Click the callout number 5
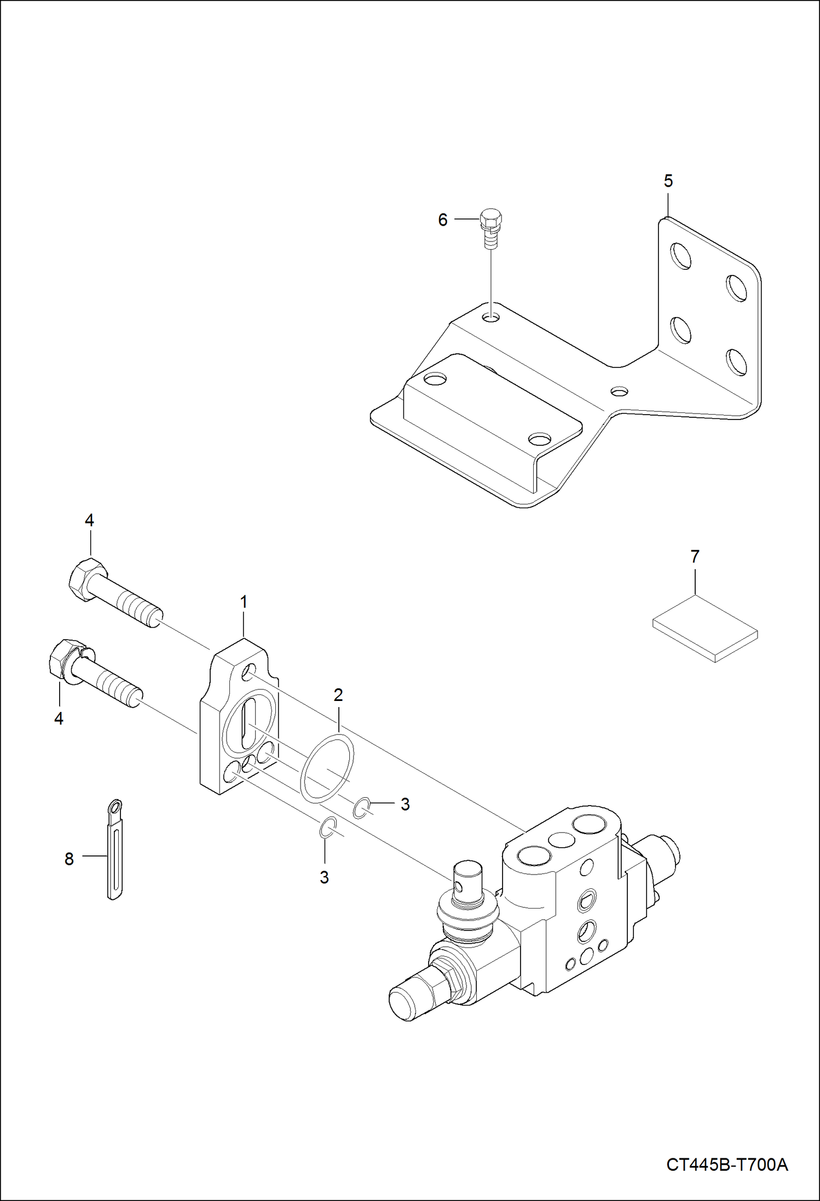[668, 181]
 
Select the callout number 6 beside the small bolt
[443, 220]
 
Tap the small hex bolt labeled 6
[490, 227]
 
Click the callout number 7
[695, 556]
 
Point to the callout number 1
[244, 601]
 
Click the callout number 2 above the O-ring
[338, 694]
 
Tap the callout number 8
[69, 859]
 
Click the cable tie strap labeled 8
[114, 852]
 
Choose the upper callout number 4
[89, 520]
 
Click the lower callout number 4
[59, 718]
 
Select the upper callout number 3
[405, 804]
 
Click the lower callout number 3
[324, 877]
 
